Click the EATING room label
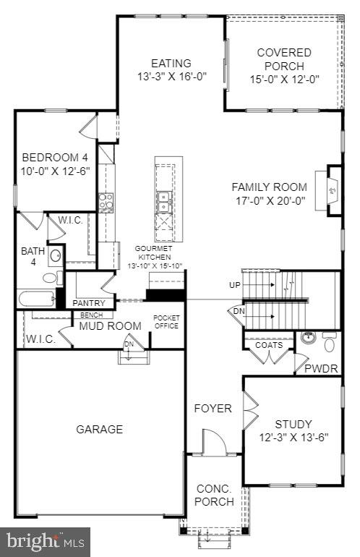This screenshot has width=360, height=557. tap(171, 63)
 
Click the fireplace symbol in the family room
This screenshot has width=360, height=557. tap(333, 191)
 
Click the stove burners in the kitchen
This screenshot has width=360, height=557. tap(107, 202)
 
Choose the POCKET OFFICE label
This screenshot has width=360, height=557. tap(166, 322)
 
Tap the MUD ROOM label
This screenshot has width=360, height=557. tap(111, 326)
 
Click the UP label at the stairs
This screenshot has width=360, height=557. tap(234, 285)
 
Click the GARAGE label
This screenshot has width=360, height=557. tap(100, 429)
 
